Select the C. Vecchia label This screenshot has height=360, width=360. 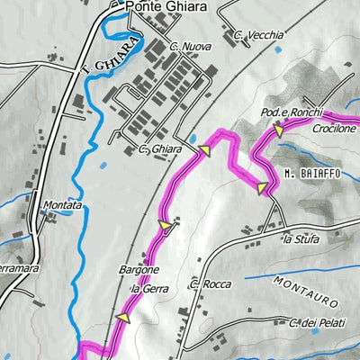(258, 36)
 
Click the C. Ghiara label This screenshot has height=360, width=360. (160, 148)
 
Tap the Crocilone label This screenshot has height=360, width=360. (336, 129)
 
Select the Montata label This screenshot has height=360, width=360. (62, 205)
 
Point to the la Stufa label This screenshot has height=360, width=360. (301, 238)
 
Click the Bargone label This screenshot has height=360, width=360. (139, 269)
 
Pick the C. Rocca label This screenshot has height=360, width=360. (211, 284)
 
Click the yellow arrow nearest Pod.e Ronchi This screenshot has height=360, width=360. (277, 131)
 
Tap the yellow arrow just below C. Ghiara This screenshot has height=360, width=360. (204, 153)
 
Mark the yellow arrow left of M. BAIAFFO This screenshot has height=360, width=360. (262, 188)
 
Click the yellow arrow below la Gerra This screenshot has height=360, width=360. (123, 318)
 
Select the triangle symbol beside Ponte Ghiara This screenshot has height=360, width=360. (114, 5)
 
